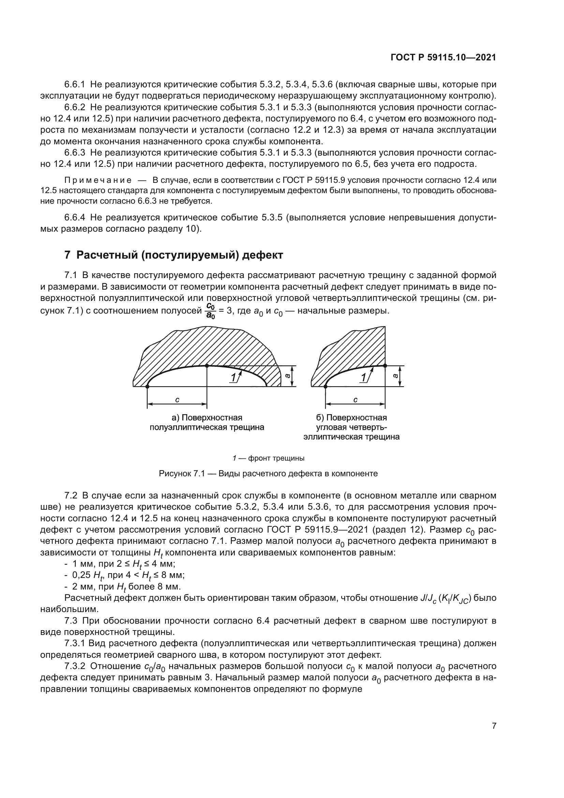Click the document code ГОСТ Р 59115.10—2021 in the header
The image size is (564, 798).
click(x=443, y=58)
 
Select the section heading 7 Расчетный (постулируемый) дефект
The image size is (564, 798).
click(x=174, y=255)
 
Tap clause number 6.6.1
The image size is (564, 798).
click(x=75, y=85)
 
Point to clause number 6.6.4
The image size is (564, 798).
click(x=75, y=218)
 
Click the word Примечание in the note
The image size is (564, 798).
click(x=98, y=180)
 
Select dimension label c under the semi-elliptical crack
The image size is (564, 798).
click(x=177, y=400)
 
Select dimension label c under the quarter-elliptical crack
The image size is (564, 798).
click(x=355, y=400)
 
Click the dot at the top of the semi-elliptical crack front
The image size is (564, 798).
click(x=207, y=365)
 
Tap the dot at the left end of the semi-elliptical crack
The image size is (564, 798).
click(x=148, y=386)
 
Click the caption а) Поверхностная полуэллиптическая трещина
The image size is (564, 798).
click(x=207, y=422)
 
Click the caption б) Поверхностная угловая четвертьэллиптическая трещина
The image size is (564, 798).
click(x=351, y=427)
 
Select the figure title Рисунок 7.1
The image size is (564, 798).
click(x=268, y=474)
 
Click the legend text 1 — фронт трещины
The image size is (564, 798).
click(x=268, y=458)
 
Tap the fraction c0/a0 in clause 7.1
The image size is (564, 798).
click(x=210, y=311)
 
